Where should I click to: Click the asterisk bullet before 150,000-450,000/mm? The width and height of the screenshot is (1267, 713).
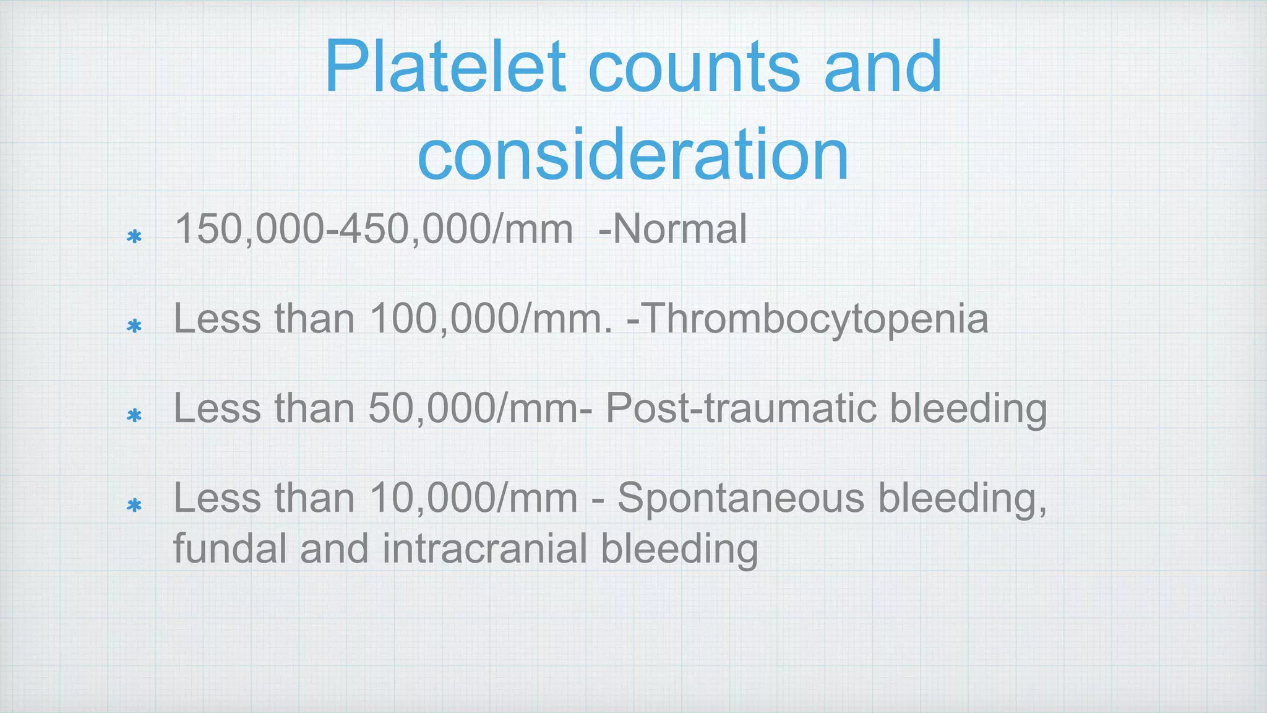[x=134, y=237]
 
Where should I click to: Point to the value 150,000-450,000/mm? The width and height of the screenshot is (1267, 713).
[x=374, y=229]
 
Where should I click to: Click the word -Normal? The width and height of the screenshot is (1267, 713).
[x=672, y=229]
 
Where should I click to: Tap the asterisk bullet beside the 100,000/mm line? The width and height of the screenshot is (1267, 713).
[x=134, y=326]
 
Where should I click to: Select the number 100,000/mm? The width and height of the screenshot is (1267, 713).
[x=491, y=319]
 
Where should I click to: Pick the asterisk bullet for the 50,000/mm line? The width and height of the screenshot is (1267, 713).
[x=134, y=415]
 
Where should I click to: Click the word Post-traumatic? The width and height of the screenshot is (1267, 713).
[x=741, y=409]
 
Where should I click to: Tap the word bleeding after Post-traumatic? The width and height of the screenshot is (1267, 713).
[x=968, y=409]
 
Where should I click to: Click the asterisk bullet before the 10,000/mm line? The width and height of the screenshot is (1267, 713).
[x=134, y=506]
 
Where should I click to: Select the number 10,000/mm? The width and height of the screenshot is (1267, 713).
[x=473, y=498]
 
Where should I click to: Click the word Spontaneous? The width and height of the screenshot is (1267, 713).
[x=741, y=498]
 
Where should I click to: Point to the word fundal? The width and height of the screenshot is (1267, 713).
[x=230, y=549]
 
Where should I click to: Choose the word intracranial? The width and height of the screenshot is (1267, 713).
[x=484, y=549]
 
